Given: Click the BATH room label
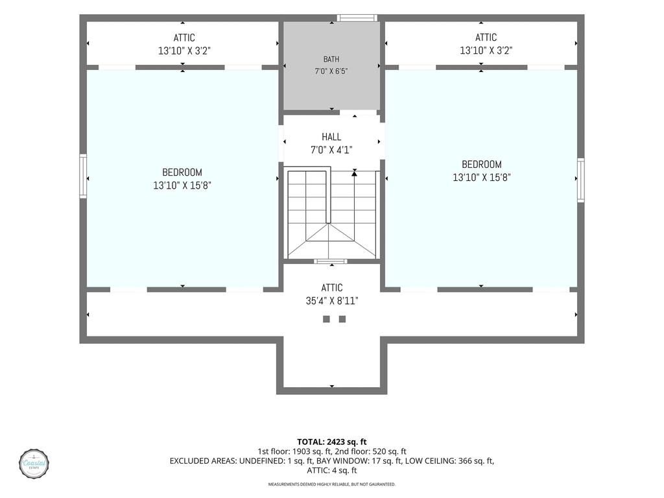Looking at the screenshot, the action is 331,59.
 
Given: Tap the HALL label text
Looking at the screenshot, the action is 331,137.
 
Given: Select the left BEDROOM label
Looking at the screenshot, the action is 182,172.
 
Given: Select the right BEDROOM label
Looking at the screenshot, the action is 482,164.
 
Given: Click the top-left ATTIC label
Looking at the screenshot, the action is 184,38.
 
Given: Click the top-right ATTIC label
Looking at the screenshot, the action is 486,37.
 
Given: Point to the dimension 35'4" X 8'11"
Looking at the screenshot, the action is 332,301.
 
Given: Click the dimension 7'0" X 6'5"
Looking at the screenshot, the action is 331,71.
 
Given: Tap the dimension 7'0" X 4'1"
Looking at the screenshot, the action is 331,150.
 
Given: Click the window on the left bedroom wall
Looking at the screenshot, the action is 84,176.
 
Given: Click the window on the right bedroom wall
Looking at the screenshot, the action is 581,180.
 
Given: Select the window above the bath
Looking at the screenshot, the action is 357,18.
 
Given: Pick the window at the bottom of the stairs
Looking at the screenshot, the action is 330,261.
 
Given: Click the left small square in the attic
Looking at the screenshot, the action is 326,319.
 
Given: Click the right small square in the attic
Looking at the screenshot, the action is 342,319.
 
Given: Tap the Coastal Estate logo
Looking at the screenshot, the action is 34,464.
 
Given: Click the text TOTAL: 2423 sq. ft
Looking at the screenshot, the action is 331,442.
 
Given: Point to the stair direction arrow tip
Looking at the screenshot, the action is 355,171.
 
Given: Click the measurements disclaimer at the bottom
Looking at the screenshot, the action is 331,484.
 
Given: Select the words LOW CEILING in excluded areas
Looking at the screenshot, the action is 431,461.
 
